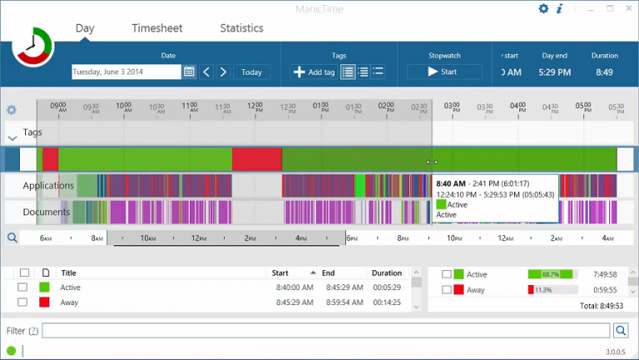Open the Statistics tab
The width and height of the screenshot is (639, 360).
pyautogui.click(x=241, y=28)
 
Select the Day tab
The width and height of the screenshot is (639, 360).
pyautogui.click(x=85, y=28)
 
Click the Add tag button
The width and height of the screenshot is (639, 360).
pyautogui.click(x=314, y=72)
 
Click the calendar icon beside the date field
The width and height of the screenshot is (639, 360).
pyautogui.click(x=190, y=72)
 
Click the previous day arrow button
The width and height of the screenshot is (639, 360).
pyautogui.click(x=207, y=72)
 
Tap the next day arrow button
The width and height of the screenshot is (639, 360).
pyautogui.click(x=223, y=72)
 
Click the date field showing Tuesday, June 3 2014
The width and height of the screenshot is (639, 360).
pyautogui.click(x=126, y=72)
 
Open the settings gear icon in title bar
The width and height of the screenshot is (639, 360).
pyautogui.click(x=543, y=9)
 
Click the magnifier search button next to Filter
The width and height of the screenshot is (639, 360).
pyautogui.click(x=621, y=331)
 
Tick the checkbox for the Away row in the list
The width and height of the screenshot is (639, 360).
pyautogui.click(x=23, y=303)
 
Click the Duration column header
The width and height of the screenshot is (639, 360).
pyautogui.click(x=386, y=273)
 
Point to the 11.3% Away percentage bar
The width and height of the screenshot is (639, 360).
pyautogui.click(x=552, y=290)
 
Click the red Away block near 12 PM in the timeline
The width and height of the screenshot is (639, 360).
pyautogui.click(x=256, y=160)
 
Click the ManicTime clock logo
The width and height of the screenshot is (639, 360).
pyautogui.click(x=32, y=47)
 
